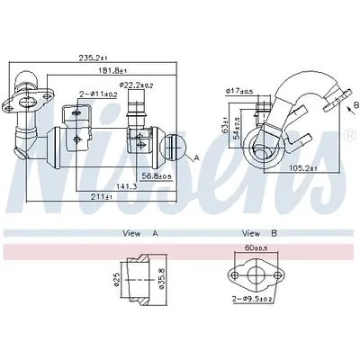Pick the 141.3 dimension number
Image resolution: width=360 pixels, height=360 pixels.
point(125,187)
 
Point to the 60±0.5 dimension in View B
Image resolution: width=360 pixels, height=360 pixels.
point(255,246)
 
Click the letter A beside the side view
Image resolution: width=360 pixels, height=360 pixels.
point(196,157)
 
